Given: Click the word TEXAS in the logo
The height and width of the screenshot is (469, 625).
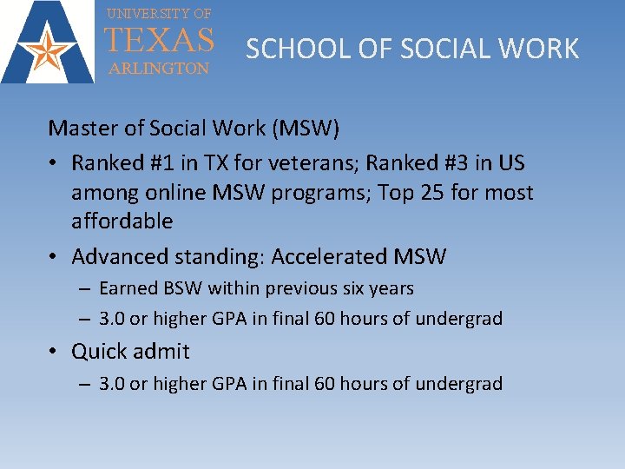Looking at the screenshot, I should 159,41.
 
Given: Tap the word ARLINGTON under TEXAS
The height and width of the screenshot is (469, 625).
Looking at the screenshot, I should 158,68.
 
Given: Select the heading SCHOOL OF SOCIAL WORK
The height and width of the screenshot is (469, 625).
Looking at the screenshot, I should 412,49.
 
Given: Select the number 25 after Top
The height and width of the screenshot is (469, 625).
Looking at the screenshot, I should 430,192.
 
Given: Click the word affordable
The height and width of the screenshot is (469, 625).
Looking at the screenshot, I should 122,221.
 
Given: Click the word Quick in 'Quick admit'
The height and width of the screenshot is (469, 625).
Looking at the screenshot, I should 99,352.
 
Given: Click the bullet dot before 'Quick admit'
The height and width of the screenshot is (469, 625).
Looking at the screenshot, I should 54,352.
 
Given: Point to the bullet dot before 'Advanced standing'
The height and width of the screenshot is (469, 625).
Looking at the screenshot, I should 54,257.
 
